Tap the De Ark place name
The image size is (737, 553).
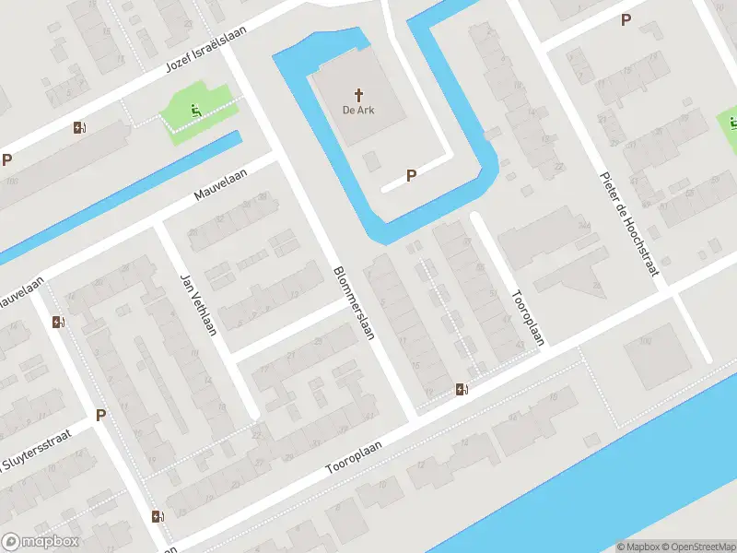(x=360, y=111)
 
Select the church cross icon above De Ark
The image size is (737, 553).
(x=360, y=94)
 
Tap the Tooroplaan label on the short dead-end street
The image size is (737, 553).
(x=528, y=317)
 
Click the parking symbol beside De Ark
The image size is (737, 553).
(x=412, y=174)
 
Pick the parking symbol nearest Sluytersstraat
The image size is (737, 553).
(x=100, y=415)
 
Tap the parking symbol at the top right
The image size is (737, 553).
(x=626, y=19)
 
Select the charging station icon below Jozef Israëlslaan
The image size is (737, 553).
(x=78, y=128)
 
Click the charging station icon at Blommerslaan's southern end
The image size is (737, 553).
(x=462, y=390)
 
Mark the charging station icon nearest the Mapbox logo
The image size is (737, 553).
(x=158, y=516)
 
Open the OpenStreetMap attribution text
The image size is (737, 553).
(x=698, y=547)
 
